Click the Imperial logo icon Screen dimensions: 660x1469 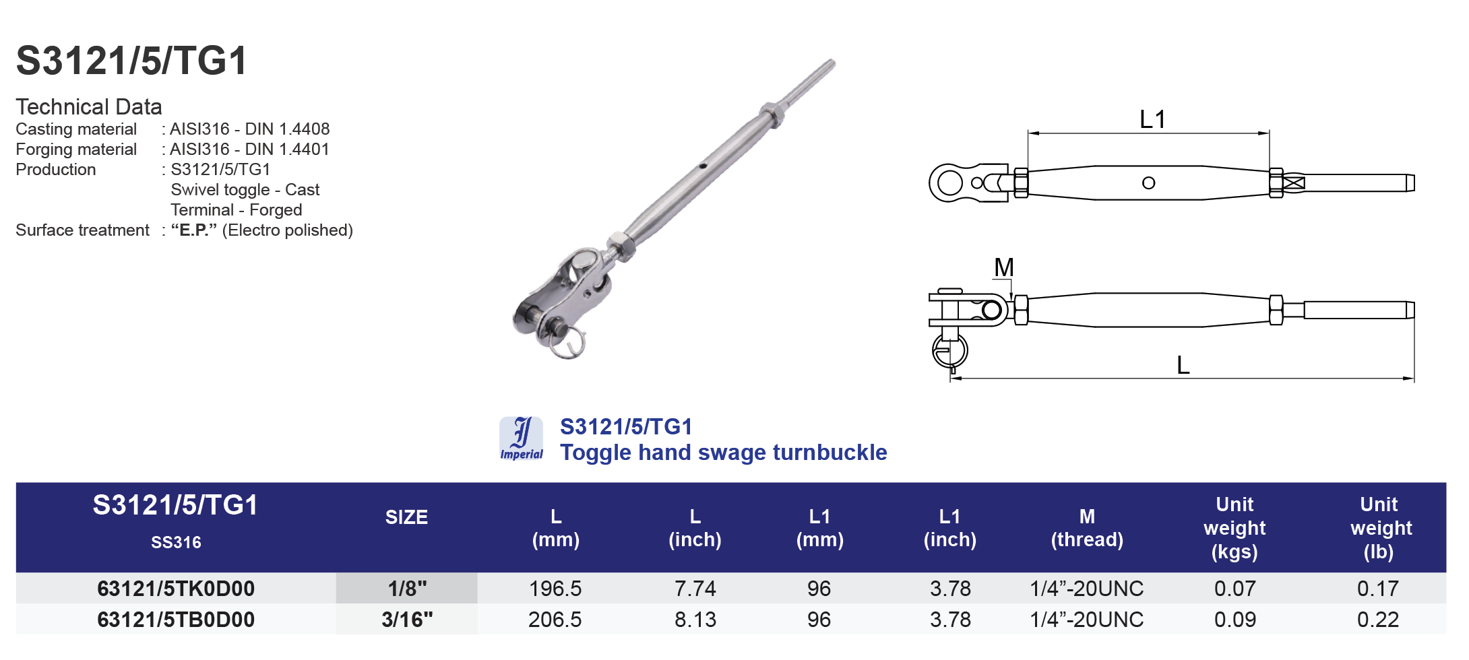(521, 438)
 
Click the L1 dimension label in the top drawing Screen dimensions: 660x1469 (1152, 120)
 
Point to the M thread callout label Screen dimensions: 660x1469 (1003, 267)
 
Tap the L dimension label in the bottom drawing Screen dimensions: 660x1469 (1183, 365)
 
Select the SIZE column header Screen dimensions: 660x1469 (406, 517)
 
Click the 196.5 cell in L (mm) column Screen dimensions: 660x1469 (555, 589)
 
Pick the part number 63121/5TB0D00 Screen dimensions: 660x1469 (176, 620)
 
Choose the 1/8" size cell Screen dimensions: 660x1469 (407, 589)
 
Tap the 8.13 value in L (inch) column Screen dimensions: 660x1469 (695, 620)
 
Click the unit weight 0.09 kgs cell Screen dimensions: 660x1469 (1234, 620)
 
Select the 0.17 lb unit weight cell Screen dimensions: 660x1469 (1377, 589)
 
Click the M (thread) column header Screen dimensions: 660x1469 (1086, 528)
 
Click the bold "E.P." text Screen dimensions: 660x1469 (193, 230)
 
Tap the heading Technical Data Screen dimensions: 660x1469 (88, 106)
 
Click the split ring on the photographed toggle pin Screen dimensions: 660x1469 (567, 345)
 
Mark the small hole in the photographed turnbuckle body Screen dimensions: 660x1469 (703, 165)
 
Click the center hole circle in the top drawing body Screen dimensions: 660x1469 (1148, 183)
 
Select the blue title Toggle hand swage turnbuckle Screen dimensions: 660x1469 (723, 453)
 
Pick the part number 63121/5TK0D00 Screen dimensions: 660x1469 (176, 589)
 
